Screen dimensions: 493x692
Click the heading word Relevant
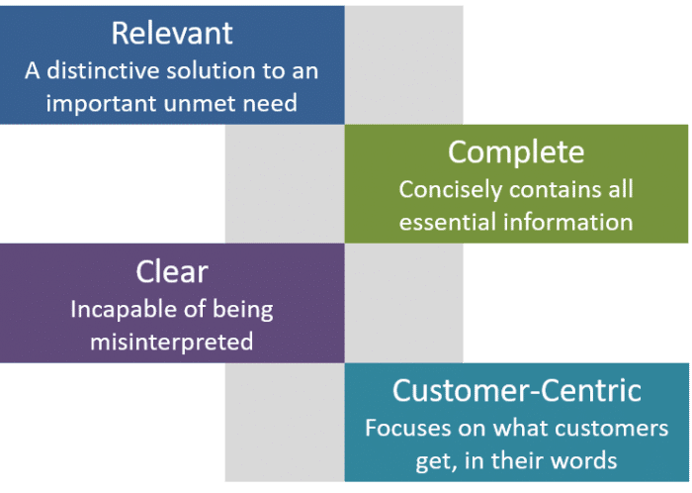coord(172,33)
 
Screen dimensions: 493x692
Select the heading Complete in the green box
coord(516,152)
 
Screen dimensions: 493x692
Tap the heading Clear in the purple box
coord(172,271)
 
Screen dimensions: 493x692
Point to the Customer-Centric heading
coord(516,390)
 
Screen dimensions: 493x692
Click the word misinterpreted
coord(172,342)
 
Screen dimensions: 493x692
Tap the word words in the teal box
coord(582,460)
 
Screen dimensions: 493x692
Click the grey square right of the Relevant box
coord(403,64)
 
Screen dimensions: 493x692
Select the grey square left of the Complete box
coord(284,183)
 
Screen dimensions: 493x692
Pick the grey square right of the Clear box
coord(403,302)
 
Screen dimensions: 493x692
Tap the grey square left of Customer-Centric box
coord(284,422)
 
